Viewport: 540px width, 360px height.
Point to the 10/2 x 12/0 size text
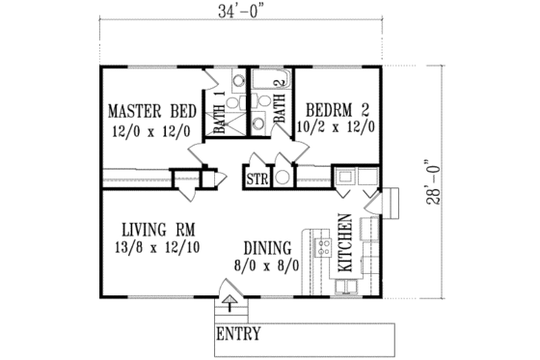(338, 125)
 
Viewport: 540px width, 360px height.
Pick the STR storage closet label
(256, 179)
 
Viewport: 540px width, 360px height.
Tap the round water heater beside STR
(282, 178)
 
